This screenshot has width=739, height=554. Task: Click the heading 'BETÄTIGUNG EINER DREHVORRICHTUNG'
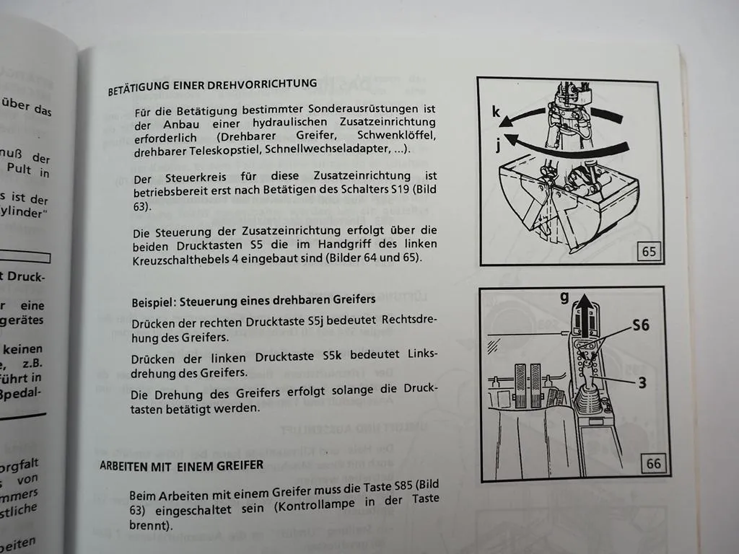click(x=212, y=87)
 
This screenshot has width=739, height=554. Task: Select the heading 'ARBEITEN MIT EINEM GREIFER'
click(x=181, y=465)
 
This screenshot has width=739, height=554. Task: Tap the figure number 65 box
click(x=650, y=252)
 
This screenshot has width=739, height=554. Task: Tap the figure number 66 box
click(x=653, y=463)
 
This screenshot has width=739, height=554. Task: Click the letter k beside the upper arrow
click(x=496, y=112)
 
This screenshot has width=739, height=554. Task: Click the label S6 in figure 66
click(x=640, y=325)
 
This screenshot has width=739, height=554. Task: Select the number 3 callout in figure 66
click(x=642, y=383)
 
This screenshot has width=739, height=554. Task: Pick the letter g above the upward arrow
click(x=565, y=296)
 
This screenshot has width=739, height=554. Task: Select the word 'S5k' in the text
click(x=336, y=356)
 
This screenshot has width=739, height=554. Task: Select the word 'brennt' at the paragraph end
click(x=149, y=527)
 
